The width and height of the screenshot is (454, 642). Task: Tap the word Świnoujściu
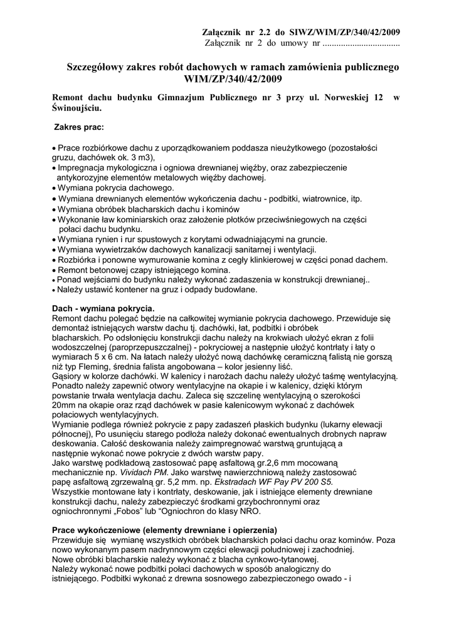pos(77,108)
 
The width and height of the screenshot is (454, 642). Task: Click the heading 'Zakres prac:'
pos(79,127)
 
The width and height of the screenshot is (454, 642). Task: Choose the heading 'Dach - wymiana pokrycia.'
pos(102,309)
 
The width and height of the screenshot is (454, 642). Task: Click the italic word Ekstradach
pos(237,481)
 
